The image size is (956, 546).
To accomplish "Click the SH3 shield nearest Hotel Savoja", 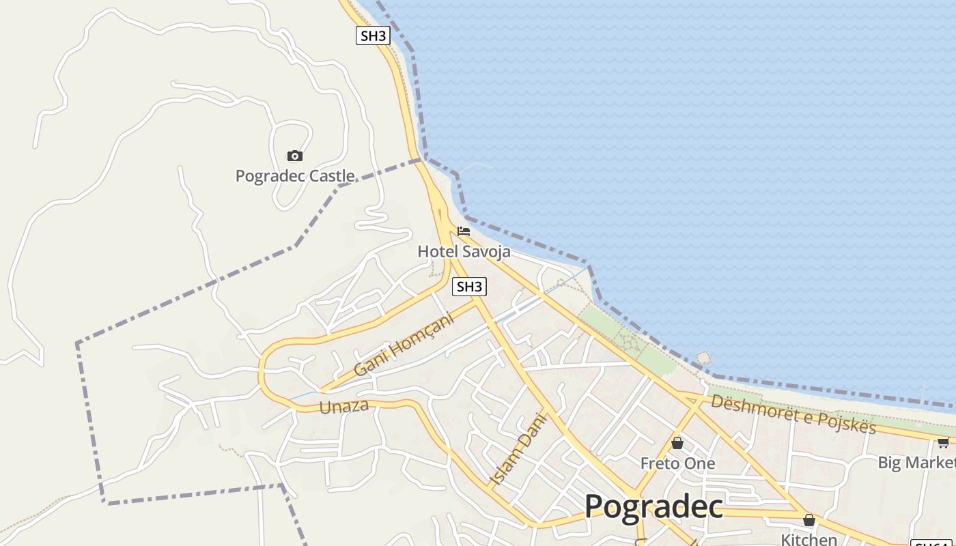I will [469, 287].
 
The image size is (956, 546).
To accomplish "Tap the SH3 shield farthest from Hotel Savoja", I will [373, 35].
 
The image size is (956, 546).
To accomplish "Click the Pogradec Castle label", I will [295, 176].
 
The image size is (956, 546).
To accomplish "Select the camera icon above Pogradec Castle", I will [294, 156].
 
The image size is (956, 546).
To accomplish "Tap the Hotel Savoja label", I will [464, 252].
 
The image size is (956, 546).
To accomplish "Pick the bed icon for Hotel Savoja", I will [464, 231].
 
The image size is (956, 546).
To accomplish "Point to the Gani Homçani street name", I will [404, 344].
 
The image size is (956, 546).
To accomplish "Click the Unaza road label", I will [344, 407].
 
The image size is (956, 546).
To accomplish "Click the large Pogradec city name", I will [653, 506].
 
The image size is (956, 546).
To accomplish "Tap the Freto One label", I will [677, 463].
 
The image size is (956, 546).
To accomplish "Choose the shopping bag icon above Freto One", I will [677, 443].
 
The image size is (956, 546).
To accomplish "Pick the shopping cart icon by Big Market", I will [943, 442].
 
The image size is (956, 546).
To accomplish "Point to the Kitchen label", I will [809, 539].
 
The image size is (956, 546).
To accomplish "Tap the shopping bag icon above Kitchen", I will [809, 520].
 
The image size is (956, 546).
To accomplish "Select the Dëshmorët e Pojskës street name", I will [793, 413].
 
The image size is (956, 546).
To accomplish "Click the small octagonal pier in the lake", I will [703, 358].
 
